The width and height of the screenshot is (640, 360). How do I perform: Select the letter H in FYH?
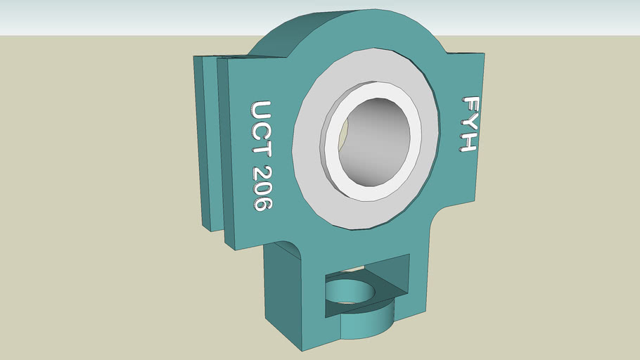click(x=469, y=143)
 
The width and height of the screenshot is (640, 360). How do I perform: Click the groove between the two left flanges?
click(x=215, y=148)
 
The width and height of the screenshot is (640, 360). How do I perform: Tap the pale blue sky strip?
click(x=105, y=15)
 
